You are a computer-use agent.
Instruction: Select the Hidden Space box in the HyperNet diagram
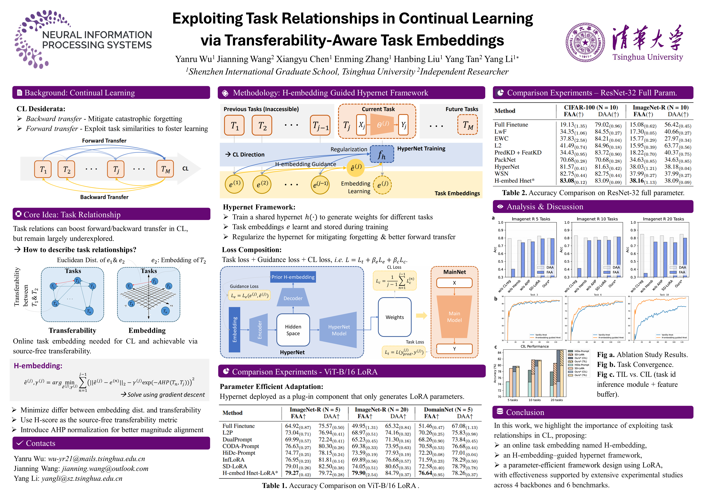[x=293, y=330]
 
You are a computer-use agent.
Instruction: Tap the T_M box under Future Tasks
[x=467, y=125]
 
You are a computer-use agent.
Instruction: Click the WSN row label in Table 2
[x=501, y=174]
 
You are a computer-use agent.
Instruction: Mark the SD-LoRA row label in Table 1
[x=235, y=466]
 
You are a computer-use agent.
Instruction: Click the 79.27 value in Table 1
[x=292, y=473]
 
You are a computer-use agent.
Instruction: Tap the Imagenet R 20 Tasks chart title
[x=663, y=219]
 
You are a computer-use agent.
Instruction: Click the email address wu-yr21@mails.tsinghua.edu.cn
[x=97, y=459]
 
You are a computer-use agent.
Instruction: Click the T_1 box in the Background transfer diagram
[x=43, y=169]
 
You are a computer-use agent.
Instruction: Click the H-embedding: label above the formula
[x=38, y=366]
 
